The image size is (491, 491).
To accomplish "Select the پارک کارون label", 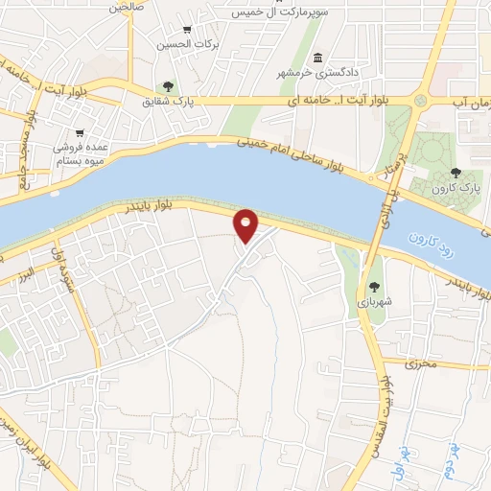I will point(456,188).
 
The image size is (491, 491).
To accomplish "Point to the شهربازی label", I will point(375,301).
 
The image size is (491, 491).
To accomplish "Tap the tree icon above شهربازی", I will point(375,287).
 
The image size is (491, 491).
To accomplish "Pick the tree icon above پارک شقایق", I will point(168,85).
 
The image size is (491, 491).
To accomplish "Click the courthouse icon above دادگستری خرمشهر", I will point(317,57).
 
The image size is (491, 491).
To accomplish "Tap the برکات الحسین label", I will point(187,44).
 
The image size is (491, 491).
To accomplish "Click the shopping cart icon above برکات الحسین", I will point(187,30).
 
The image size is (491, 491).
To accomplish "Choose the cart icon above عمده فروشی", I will point(80,133).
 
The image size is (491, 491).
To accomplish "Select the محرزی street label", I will point(419,363).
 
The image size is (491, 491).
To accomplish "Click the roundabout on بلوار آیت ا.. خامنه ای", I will point(420,100).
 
